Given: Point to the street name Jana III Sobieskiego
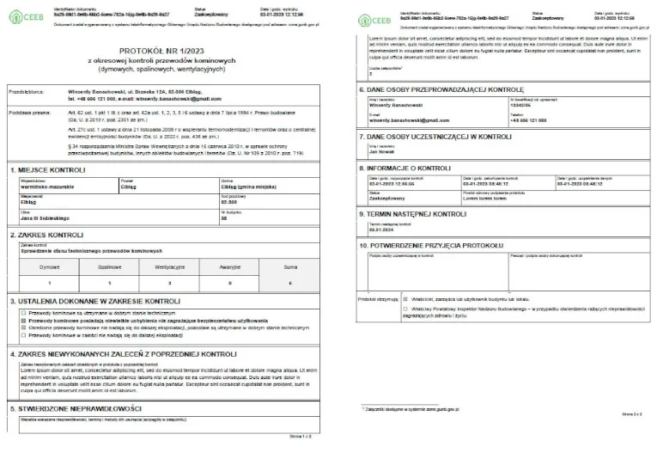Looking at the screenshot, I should (50, 218).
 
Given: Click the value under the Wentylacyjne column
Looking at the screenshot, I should (170, 283).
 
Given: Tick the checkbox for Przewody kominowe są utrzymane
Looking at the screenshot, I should (21, 314).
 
